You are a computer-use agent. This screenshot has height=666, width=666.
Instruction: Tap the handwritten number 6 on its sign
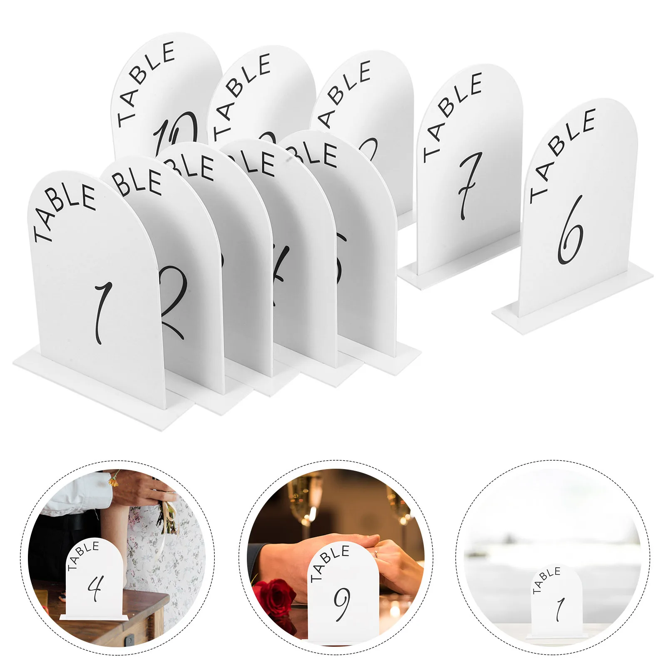pos(570,231)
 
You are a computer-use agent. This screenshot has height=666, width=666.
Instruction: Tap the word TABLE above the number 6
pos(562,154)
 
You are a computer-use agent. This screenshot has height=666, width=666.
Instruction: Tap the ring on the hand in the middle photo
pos(376,554)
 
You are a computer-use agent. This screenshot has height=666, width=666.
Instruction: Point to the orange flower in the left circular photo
pos(113,481)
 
